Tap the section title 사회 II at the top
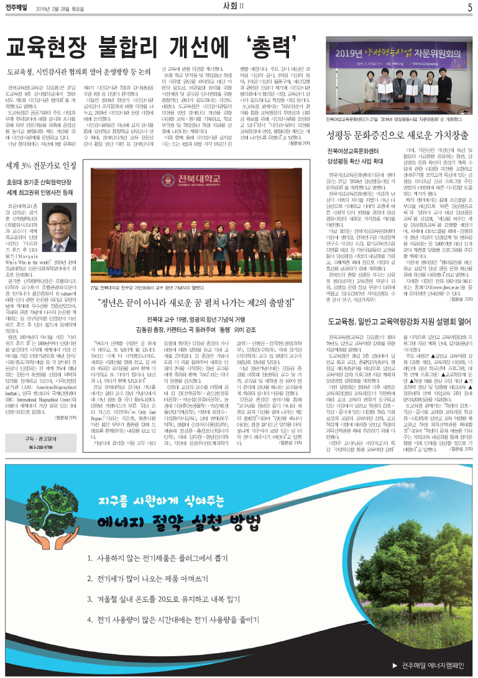(240, 7)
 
